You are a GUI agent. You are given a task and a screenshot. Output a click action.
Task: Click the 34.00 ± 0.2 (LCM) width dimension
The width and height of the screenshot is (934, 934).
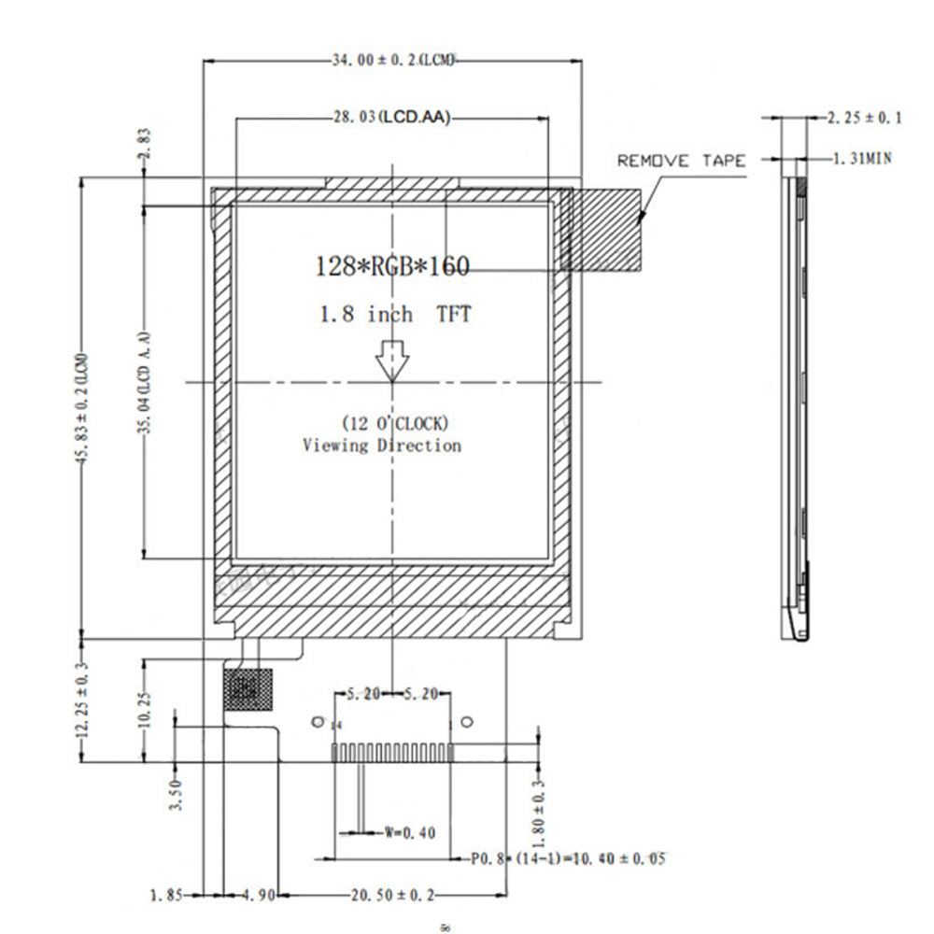click(x=393, y=61)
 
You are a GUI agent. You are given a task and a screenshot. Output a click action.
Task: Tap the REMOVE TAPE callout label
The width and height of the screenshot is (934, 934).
click(x=681, y=161)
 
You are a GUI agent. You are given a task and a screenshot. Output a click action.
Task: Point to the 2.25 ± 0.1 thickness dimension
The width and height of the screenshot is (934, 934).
click(x=865, y=118)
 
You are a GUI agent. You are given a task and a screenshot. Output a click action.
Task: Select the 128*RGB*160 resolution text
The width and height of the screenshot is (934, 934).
click(x=392, y=267)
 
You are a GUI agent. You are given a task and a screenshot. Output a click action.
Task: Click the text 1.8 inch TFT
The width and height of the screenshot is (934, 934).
click(x=392, y=314)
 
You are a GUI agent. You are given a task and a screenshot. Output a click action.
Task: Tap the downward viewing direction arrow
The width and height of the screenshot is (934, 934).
click(x=391, y=359)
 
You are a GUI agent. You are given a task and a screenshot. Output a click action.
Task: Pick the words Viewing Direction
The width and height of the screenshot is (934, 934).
click(x=381, y=446)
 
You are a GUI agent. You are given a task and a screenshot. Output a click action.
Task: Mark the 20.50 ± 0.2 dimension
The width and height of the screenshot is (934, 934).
click(x=393, y=896)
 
